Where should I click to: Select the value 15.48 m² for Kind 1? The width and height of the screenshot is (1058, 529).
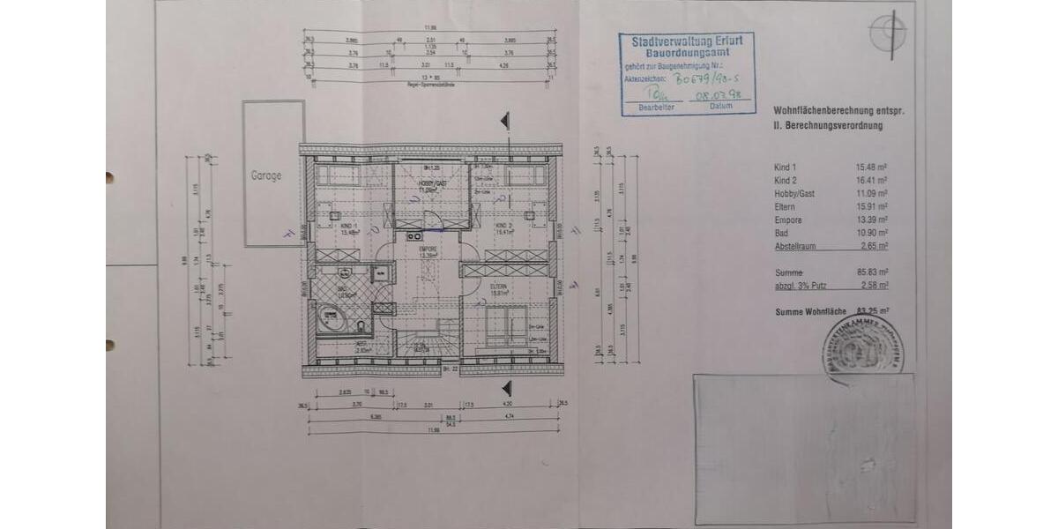(x=871, y=168)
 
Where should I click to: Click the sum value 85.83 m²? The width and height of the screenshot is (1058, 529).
(x=871, y=272)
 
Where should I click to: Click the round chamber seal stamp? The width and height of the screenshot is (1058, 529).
(x=861, y=347)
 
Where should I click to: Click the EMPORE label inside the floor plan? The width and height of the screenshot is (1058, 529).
(x=428, y=250)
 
